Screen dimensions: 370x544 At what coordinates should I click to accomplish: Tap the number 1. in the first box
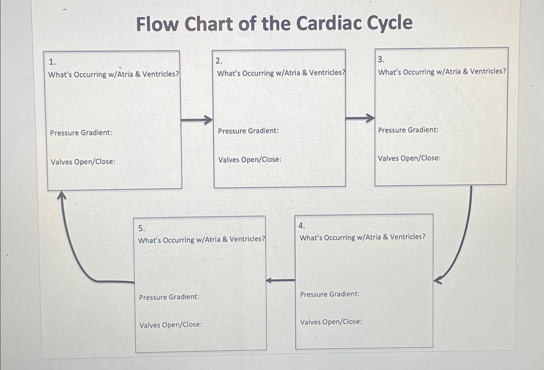(x=52, y=62)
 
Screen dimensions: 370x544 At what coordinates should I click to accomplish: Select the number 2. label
(x=219, y=61)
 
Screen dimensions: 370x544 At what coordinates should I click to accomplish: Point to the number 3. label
(x=381, y=59)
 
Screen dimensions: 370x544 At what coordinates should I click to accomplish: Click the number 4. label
(x=302, y=226)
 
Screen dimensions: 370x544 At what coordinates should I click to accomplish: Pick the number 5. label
(x=142, y=228)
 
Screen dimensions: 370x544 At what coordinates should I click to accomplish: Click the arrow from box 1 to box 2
(x=197, y=120)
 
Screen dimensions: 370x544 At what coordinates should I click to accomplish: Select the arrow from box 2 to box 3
(x=360, y=118)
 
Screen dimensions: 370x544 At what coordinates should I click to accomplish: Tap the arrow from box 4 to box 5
(x=280, y=280)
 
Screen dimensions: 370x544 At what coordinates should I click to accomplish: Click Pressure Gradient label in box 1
(x=81, y=133)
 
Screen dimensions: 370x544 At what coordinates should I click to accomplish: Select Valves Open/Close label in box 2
(x=250, y=160)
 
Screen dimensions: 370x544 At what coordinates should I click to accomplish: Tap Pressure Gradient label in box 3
(x=408, y=130)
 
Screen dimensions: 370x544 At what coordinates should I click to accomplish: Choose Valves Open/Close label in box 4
(x=331, y=322)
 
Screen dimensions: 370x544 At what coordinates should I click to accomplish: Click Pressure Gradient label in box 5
(x=169, y=297)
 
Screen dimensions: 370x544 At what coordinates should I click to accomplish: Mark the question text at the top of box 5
(x=201, y=240)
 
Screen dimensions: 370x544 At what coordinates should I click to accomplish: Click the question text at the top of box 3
(x=442, y=71)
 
